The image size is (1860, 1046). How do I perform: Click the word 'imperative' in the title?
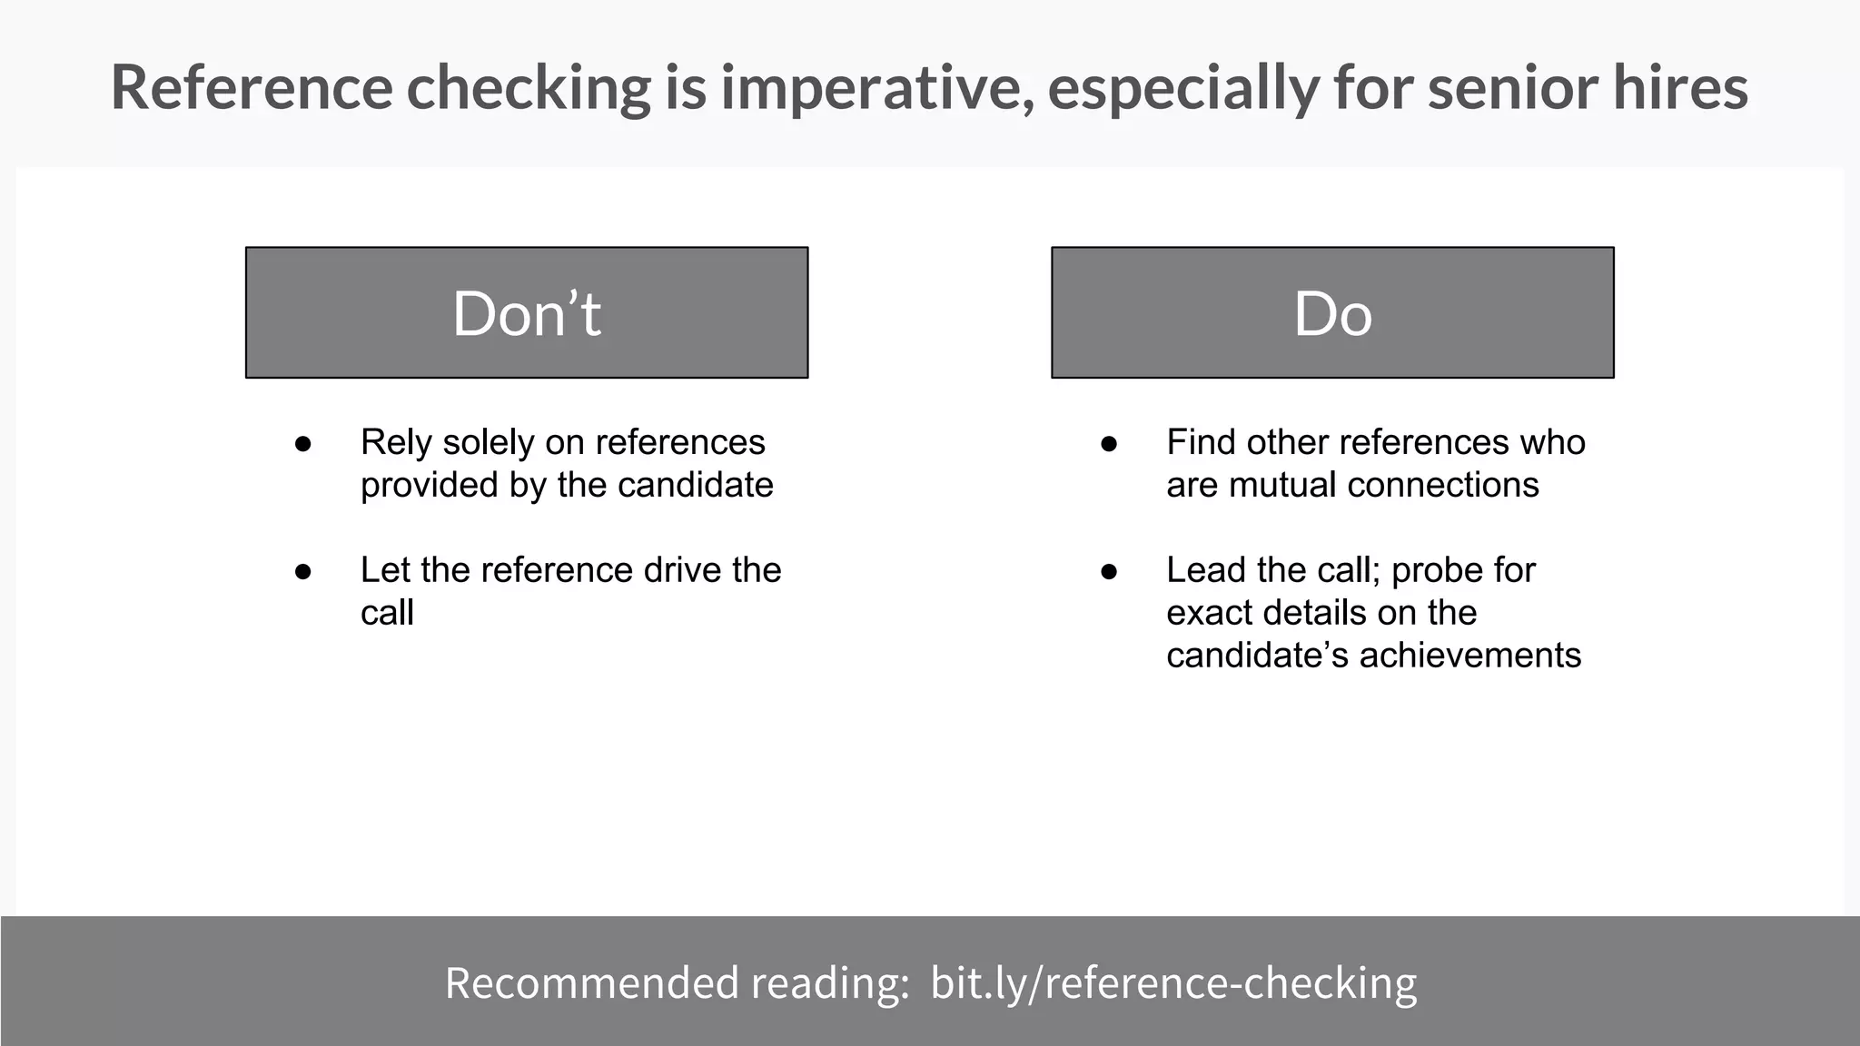(x=876, y=88)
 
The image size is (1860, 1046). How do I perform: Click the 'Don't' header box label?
(x=527, y=313)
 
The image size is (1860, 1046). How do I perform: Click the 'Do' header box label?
(x=1332, y=313)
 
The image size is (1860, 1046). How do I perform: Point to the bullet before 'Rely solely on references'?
(x=303, y=444)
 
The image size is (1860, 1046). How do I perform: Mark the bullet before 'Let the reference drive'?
(x=303, y=572)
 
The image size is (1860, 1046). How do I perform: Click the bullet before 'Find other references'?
(x=1109, y=444)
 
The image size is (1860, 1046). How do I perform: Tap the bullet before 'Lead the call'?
(x=1109, y=572)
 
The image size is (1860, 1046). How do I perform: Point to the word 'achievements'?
(x=1469, y=655)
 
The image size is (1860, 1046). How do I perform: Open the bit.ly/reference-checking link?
(x=1173, y=983)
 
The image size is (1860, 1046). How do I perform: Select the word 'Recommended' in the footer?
(x=591, y=983)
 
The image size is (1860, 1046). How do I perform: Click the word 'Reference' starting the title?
(x=252, y=88)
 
